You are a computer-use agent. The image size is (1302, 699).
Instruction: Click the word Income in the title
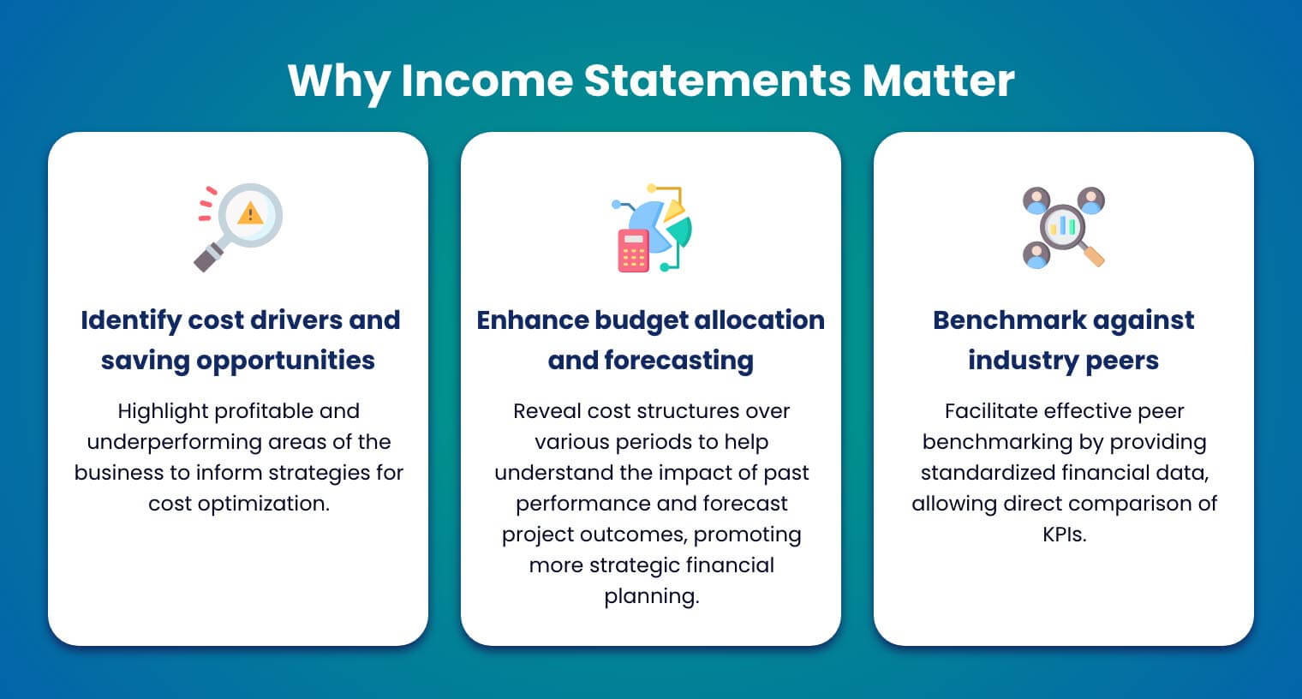[487, 81]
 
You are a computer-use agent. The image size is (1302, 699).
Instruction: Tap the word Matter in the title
[938, 81]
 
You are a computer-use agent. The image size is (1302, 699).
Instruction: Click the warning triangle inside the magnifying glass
[250, 212]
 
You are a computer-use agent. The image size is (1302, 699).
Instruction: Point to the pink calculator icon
[634, 251]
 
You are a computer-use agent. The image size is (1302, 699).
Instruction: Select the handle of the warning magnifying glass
[208, 257]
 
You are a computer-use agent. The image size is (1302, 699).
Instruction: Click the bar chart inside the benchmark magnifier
[1063, 225]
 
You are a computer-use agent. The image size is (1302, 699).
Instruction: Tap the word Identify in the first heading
[131, 320]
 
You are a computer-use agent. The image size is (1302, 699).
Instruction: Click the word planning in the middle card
[651, 596]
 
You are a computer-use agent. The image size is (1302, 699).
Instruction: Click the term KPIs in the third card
[1064, 535]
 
